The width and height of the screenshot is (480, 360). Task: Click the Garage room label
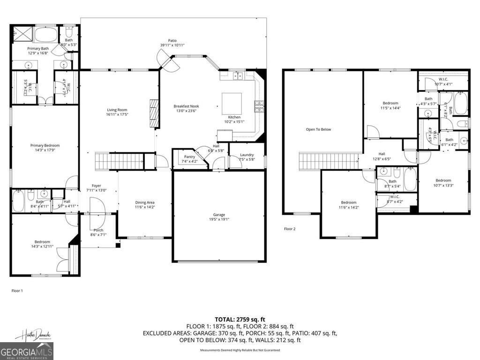click(x=219, y=215)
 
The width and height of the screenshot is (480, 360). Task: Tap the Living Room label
click(x=117, y=110)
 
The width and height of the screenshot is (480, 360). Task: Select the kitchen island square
click(x=232, y=103)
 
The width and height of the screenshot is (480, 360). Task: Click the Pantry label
click(x=189, y=157)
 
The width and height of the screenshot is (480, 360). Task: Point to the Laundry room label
click(x=247, y=155)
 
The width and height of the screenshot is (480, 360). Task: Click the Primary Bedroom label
click(x=45, y=145)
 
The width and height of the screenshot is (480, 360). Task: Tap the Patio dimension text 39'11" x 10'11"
click(x=172, y=45)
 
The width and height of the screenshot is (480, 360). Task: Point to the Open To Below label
click(x=318, y=129)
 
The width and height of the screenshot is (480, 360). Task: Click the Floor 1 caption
click(x=17, y=291)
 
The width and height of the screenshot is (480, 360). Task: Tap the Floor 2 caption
click(x=290, y=229)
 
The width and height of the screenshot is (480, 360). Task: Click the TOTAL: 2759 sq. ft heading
click(x=240, y=319)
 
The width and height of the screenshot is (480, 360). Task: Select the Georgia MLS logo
click(x=27, y=351)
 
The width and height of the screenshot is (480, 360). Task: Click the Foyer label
click(x=97, y=186)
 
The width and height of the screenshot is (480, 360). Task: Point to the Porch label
click(x=98, y=230)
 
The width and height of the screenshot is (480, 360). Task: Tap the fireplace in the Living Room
click(x=154, y=113)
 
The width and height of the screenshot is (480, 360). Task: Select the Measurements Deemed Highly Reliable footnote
click(x=240, y=350)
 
